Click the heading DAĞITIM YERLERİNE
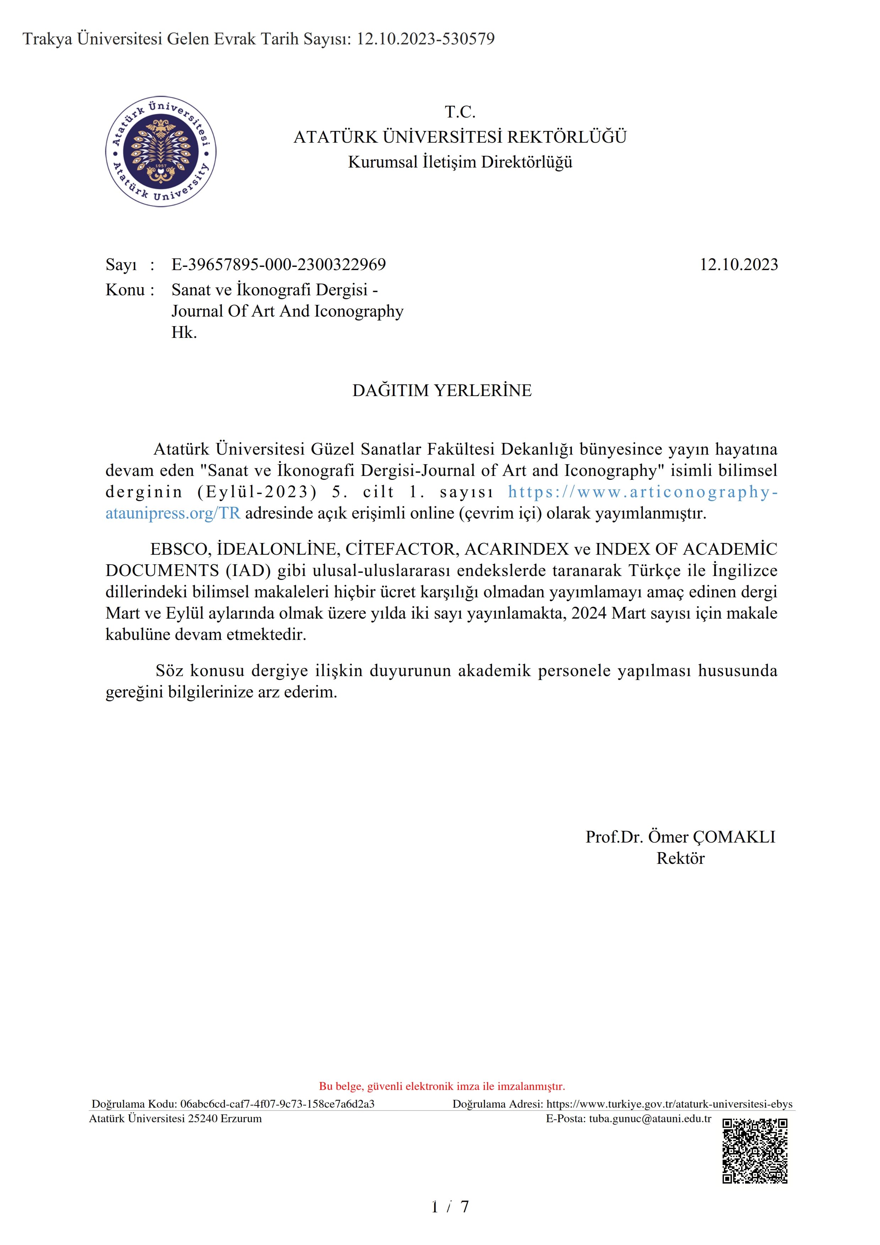[x=442, y=390]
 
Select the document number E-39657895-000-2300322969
[x=279, y=265]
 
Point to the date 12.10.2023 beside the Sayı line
[x=738, y=265]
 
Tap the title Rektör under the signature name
[x=681, y=859]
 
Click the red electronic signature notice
[x=442, y=1086]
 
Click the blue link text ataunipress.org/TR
[x=173, y=513]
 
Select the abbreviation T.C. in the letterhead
[x=460, y=112]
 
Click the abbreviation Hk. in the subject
[x=184, y=333]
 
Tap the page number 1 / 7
[x=449, y=1207]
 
